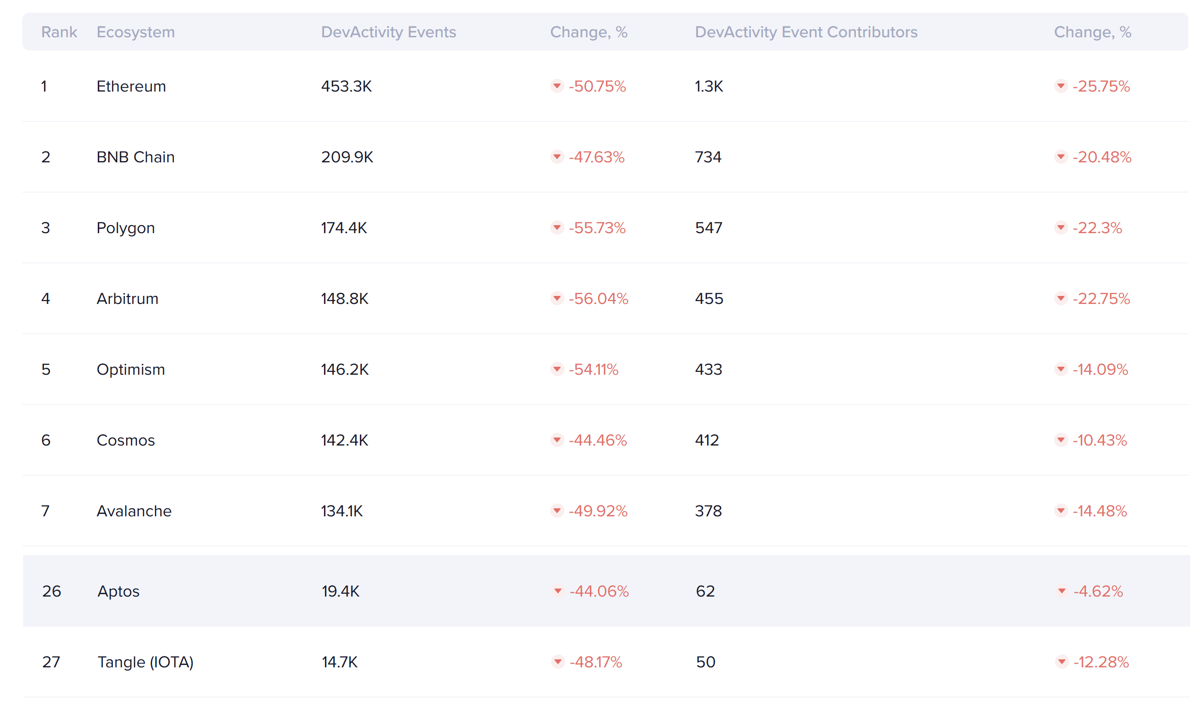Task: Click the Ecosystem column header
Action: coord(136,32)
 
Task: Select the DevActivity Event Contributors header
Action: coord(806,32)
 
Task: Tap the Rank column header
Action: coord(59,32)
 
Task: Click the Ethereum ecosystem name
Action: coord(131,86)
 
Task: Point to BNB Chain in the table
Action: coord(136,157)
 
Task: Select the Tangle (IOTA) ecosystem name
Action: coord(145,662)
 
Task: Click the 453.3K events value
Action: coord(346,86)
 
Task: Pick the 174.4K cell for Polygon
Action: coord(344,228)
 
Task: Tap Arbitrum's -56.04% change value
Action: coord(598,299)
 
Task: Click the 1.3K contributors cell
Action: coord(709,86)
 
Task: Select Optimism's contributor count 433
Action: coord(708,370)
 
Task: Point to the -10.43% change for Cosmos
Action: coord(1099,440)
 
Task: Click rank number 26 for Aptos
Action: coord(51,591)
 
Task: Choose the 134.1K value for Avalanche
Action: coord(342,511)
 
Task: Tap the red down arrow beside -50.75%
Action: coord(557,86)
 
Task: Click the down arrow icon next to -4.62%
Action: coord(1062,591)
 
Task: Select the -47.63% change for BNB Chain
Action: coord(596,157)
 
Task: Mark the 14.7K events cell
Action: coord(339,662)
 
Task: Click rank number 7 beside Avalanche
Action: coord(45,511)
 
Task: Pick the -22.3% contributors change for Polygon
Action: coord(1097,228)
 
